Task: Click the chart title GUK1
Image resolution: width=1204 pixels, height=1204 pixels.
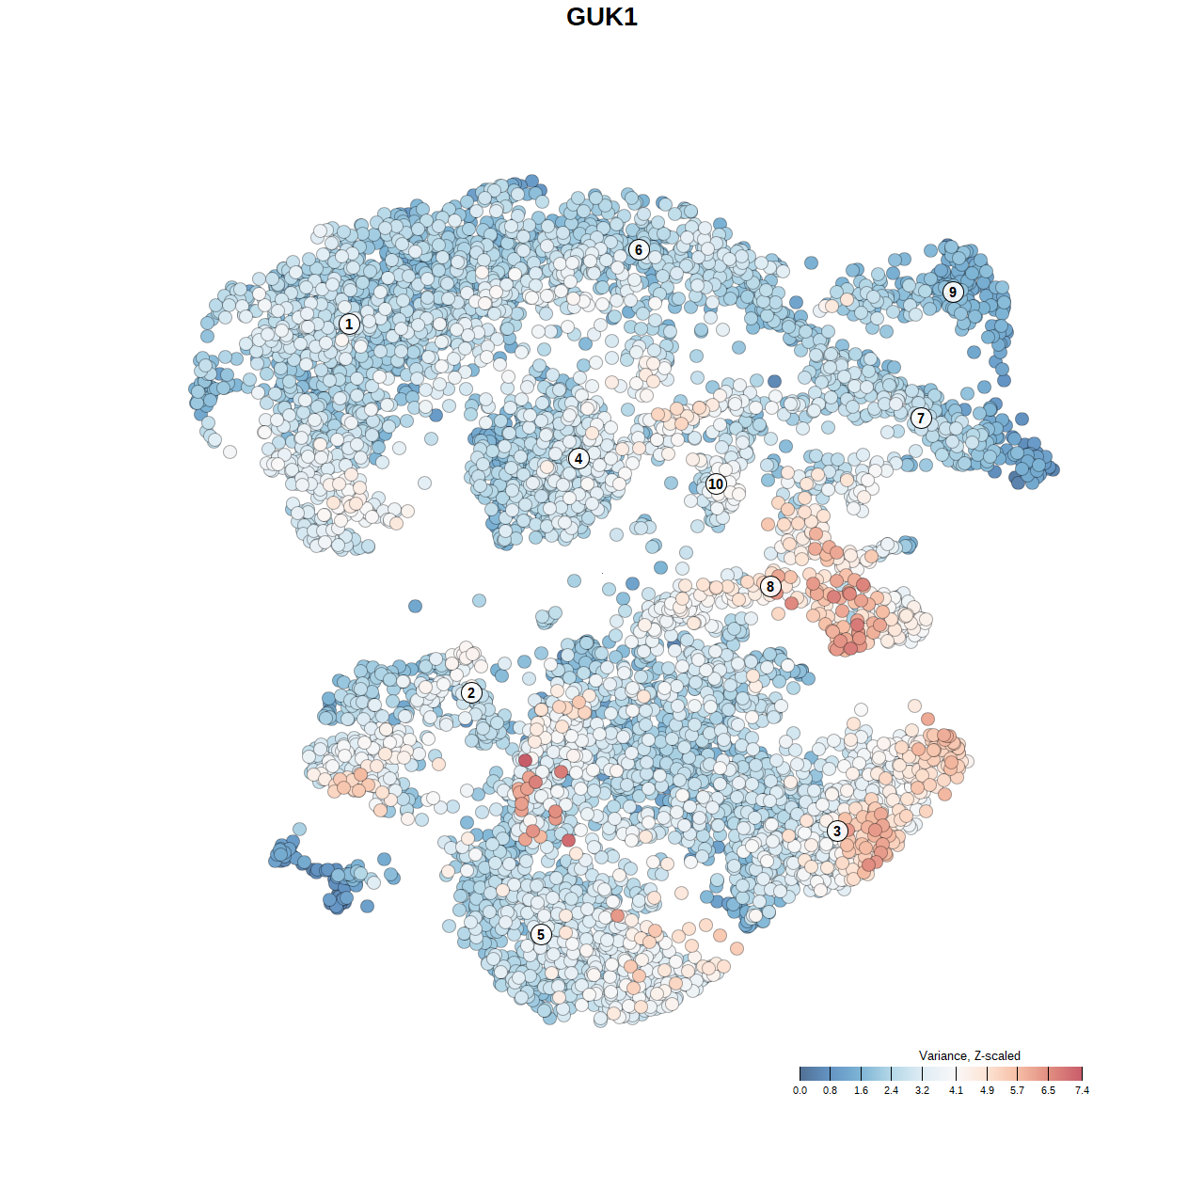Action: [x=602, y=17]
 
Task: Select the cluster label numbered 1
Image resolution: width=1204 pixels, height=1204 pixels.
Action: [x=349, y=324]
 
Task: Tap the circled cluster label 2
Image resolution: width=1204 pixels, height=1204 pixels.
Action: [x=471, y=693]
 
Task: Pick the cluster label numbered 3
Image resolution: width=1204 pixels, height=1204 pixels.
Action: [x=837, y=831]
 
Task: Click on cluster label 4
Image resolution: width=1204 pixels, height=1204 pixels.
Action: [x=578, y=458]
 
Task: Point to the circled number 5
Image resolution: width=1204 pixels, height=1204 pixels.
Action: [x=541, y=934]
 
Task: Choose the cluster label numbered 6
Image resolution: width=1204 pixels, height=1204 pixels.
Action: [x=639, y=249]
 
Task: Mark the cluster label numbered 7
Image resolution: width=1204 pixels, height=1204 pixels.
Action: [x=921, y=418]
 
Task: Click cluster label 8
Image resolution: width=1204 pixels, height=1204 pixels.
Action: [x=770, y=586]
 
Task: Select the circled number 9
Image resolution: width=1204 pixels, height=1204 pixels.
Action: [x=953, y=292]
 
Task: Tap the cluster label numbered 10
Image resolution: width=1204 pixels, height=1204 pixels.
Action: [x=716, y=483]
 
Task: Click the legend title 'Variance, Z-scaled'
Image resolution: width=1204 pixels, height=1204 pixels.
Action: [x=969, y=1055]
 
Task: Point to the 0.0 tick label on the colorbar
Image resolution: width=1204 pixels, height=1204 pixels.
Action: [x=800, y=1090]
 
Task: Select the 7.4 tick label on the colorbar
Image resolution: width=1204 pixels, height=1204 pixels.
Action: [x=1082, y=1090]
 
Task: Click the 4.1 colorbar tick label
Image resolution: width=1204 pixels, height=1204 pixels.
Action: [x=956, y=1090]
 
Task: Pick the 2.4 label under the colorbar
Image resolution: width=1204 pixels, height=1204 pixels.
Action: [x=891, y=1090]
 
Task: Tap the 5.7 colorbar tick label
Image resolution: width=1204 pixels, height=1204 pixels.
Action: [x=1017, y=1090]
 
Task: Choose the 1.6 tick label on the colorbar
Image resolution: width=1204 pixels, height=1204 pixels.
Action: [x=861, y=1090]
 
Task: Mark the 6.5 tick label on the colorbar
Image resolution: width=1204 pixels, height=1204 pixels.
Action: [x=1048, y=1090]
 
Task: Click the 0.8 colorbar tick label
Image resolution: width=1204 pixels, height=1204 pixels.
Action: [x=830, y=1090]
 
